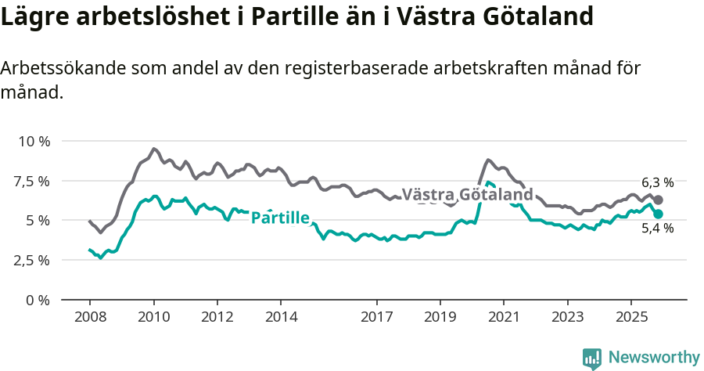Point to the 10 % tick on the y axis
33,142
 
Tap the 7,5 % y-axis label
31,181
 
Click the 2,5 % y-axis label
31,260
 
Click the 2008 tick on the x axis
89,318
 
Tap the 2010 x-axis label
153,318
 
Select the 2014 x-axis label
281,318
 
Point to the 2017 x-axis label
376,318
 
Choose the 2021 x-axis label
504,318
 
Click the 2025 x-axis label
631,318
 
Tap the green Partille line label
280,218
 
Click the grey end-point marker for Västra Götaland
658,200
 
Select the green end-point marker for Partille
658,214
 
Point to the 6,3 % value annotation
657,182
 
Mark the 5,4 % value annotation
657,229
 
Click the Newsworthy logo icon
592,358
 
